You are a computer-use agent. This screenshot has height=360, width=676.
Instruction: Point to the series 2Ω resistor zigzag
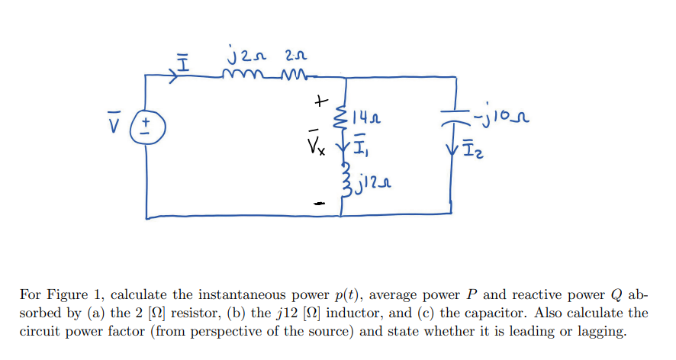click(x=292, y=75)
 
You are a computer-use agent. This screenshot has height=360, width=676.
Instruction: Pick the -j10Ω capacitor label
click(x=503, y=118)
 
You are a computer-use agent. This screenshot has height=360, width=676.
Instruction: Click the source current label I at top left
click(x=182, y=56)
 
